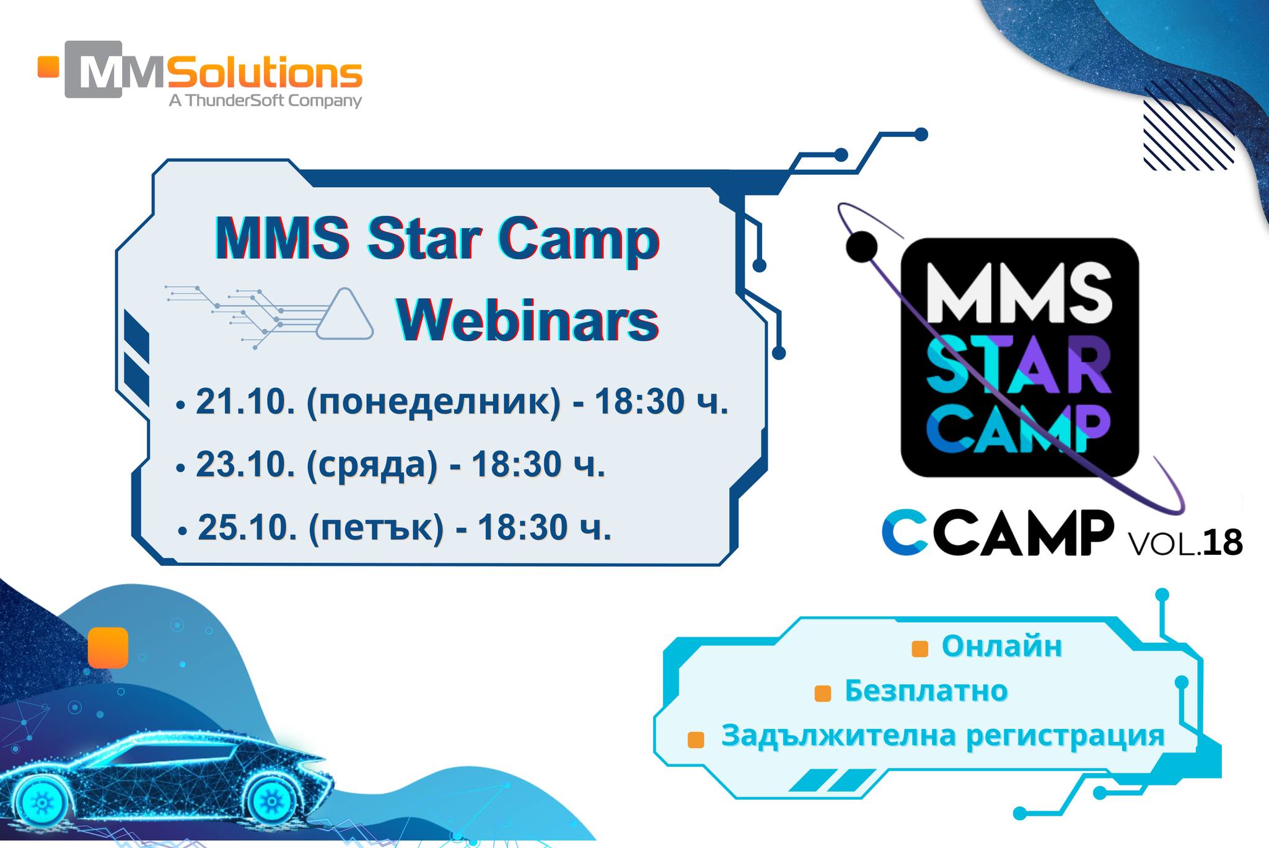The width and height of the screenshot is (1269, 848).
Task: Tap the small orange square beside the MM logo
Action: tap(48, 67)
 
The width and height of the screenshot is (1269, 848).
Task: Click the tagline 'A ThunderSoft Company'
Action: tap(265, 100)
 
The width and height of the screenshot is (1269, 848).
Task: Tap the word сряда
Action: tap(372, 466)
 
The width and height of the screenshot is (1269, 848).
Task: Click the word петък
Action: tap(376, 529)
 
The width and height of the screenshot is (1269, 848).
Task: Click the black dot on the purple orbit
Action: tap(862, 246)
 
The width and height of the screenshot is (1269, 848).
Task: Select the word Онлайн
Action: tap(1002, 646)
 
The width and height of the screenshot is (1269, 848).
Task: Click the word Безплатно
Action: tap(926, 691)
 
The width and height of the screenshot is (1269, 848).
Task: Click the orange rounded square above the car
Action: tap(108, 647)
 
